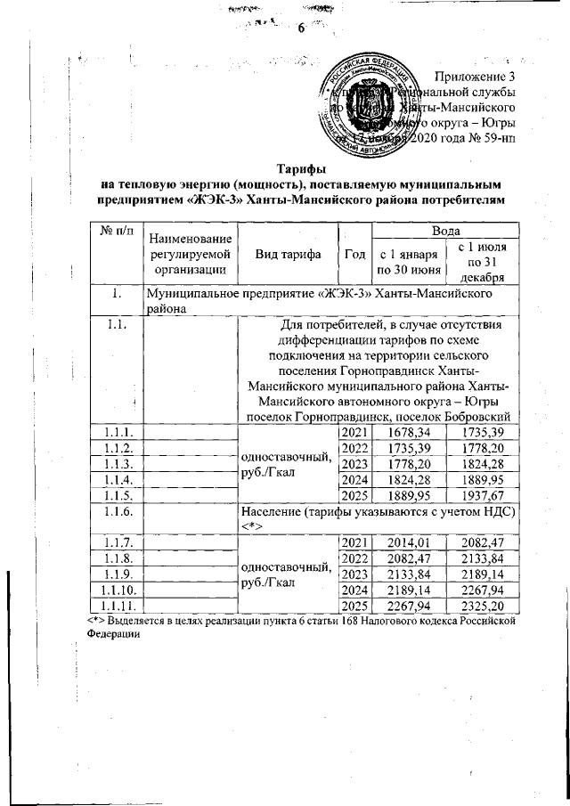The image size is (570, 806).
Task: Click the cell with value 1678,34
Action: tap(408, 432)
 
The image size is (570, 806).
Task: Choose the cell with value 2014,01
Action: tap(408, 543)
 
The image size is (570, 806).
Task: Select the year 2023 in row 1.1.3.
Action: tap(354, 463)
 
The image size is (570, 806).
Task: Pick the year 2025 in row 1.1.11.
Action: tap(354, 607)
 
